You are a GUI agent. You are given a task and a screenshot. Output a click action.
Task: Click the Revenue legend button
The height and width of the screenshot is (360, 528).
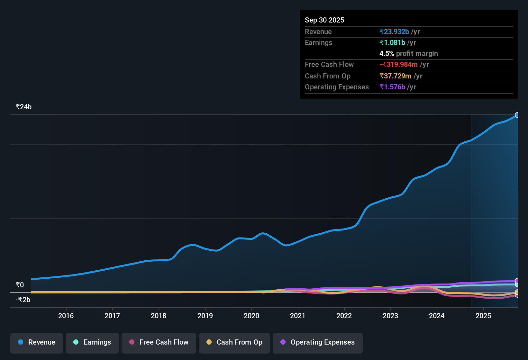tap(37, 342)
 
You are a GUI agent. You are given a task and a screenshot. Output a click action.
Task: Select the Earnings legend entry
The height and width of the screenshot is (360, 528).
tap(92, 342)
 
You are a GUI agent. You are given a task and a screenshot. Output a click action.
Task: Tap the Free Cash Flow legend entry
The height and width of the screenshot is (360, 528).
tap(159, 342)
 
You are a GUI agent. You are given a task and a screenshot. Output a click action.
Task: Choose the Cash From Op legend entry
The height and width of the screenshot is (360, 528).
tap(234, 342)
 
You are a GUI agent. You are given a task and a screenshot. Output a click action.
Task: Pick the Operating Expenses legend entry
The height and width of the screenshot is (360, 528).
tap(318, 342)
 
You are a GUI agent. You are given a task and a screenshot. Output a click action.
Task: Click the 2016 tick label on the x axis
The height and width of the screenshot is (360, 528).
tap(66, 316)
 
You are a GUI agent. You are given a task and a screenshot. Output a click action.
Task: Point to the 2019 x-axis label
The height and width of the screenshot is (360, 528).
tap(205, 316)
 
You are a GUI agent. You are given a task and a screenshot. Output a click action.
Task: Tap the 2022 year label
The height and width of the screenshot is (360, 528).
tap(344, 316)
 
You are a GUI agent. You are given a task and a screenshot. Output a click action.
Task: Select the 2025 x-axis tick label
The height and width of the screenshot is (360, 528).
tap(483, 316)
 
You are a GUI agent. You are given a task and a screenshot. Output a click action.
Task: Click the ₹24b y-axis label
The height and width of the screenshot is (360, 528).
tap(24, 107)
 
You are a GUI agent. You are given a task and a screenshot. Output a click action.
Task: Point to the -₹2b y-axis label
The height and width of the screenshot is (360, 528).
tap(23, 300)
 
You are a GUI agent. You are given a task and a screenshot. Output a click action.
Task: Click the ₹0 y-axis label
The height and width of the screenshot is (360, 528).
tap(20, 285)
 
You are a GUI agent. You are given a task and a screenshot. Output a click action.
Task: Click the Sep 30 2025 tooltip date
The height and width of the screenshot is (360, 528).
tap(324, 20)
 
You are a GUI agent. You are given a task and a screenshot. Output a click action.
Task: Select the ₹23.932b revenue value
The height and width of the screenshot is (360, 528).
tap(394, 32)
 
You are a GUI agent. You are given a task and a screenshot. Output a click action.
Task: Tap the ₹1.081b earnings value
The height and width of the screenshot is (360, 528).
tap(392, 42)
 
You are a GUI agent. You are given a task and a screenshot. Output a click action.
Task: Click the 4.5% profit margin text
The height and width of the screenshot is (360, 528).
tap(409, 53)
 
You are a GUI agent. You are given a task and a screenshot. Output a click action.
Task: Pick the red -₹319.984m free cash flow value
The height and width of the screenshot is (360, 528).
tap(398, 64)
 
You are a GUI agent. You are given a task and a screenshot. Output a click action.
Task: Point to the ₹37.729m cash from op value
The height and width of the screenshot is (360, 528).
tap(395, 76)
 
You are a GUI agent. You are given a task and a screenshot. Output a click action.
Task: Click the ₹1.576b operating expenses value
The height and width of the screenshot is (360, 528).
tap(392, 87)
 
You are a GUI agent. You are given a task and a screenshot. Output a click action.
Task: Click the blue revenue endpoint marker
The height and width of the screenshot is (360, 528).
tap(517, 115)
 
